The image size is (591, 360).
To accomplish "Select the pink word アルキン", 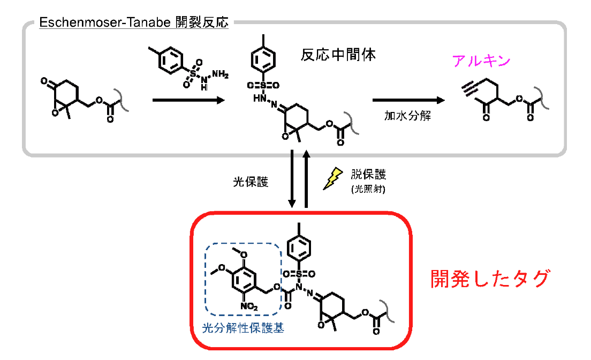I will [x=481, y=61].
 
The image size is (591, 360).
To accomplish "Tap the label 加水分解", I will [x=407, y=116].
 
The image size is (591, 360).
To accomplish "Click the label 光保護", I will [x=251, y=182].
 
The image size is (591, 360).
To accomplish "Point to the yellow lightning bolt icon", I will [x=333, y=179].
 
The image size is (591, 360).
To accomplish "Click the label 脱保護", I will [x=368, y=175].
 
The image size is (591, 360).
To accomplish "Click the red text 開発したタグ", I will [x=490, y=279].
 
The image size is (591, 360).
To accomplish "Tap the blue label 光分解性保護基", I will [x=243, y=328].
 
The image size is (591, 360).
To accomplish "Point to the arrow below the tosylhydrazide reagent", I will [x=187, y=100].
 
